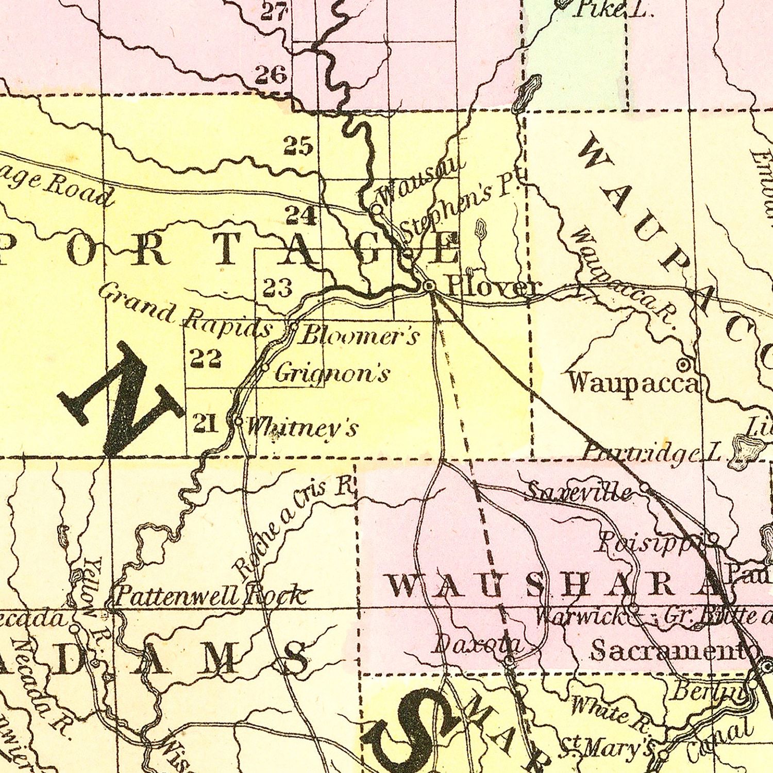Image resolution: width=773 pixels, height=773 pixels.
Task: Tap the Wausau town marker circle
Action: coord(377,209)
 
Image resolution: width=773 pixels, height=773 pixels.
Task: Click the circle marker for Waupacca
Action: coord(683,365)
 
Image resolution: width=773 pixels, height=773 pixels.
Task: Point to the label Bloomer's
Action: coord(359,336)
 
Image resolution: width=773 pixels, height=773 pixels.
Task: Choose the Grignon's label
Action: coord(331,373)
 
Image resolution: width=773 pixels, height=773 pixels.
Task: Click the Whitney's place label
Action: coord(302,427)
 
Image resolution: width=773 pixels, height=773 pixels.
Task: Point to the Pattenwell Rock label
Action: coord(211,596)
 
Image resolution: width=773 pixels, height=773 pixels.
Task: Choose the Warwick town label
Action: coord(581,616)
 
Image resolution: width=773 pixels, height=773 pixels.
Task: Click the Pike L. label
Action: coord(613,9)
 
